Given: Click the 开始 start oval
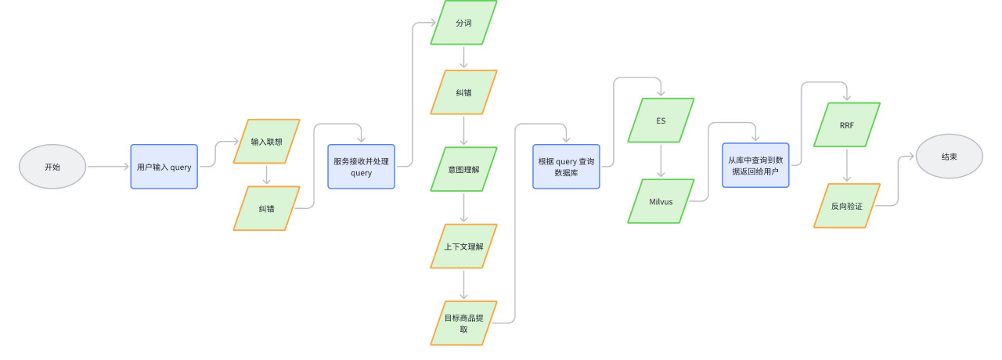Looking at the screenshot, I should tap(52, 167).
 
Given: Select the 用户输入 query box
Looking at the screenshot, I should tap(164, 167).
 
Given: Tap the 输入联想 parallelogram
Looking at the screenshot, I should tap(266, 142).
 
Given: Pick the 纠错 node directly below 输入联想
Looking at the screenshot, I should tap(266, 208).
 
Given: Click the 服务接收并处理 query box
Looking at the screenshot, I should tap(361, 167).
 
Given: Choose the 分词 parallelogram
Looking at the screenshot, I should tap(463, 23).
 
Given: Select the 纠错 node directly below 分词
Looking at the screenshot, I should tap(463, 92).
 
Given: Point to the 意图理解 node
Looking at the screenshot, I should tap(463, 169).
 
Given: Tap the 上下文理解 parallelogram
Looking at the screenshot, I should tap(463, 246).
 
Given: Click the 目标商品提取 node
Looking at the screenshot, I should tap(463, 322).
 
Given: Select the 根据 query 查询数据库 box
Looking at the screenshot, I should tap(566, 167).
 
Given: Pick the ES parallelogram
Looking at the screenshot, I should tap(661, 121).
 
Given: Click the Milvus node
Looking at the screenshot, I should tap(661, 201).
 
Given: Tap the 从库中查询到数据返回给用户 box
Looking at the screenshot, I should tap(755, 165).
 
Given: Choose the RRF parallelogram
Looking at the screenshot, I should tap(846, 124).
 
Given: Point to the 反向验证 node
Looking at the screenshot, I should tap(846, 206).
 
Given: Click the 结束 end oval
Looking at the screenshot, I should tap(949, 157).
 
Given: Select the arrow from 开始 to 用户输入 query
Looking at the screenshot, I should tap(107, 167).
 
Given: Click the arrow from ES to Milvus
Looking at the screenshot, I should tap(661, 160).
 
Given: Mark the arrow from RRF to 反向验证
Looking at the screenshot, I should tap(846, 165).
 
